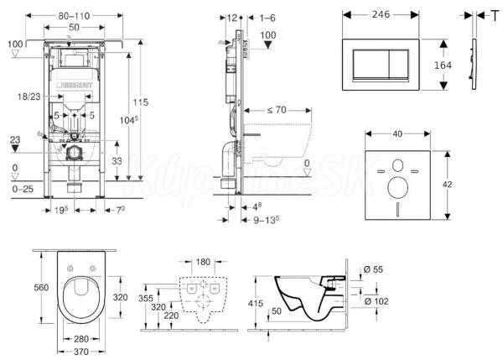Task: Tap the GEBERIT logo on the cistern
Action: [x=75, y=83]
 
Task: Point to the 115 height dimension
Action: [x=147, y=102]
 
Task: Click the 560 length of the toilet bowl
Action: [x=39, y=286]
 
